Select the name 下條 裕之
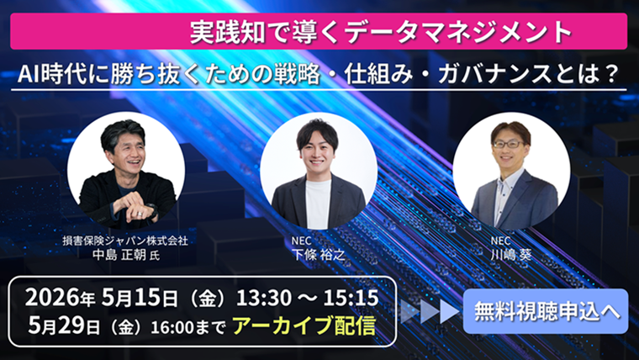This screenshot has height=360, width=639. [317, 255]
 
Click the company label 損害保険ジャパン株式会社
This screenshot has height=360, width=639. [124, 241]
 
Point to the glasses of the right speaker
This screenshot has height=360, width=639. [508, 145]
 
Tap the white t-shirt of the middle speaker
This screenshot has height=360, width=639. [318, 204]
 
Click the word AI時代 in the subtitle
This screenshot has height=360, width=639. [50, 74]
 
